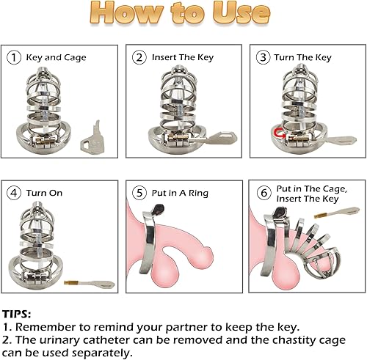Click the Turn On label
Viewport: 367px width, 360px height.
[x=46, y=194]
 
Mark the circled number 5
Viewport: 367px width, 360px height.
[x=138, y=194]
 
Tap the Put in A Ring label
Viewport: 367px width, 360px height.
[x=179, y=194]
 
